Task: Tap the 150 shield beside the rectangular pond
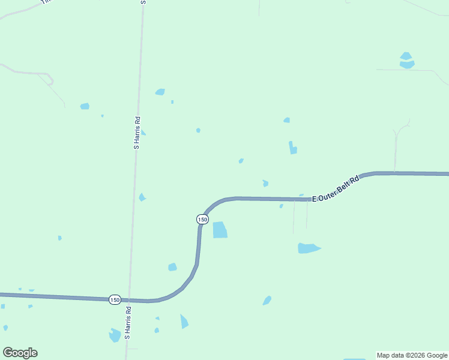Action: pyautogui.click(x=203, y=220)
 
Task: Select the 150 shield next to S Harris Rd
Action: pyautogui.click(x=115, y=299)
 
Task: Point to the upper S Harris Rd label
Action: pyautogui.click(x=137, y=133)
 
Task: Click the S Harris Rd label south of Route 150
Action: pyautogui.click(x=128, y=323)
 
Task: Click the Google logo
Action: pyautogui.click(x=20, y=353)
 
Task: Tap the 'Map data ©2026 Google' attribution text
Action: pyautogui.click(x=412, y=355)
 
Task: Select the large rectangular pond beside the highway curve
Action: pyautogui.click(x=220, y=230)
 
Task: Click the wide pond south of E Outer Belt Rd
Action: pyautogui.click(x=308, y=248)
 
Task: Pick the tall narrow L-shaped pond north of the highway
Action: pyautogui.click(x=292, y=148)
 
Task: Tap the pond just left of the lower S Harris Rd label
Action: pyautogui.click(x=115, y=335)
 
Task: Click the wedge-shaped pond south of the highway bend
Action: pyautogui.click(x=184, y=322)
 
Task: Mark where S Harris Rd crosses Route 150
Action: pyautogui.click(x=130, y=299)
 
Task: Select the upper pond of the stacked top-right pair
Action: pyautogui.click(x=406, y=56)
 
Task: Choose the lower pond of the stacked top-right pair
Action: pyautogui.click(x=407, y=64)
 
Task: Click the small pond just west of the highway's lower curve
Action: pyautogui.click(x=173, y=267)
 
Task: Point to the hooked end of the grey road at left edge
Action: pyautogui.click(x=51, y=80)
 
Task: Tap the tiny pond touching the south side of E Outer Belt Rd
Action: pyautogui.click(x=282, y=206)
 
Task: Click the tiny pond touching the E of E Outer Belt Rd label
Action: pyautogui.click(x=301, y=195)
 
